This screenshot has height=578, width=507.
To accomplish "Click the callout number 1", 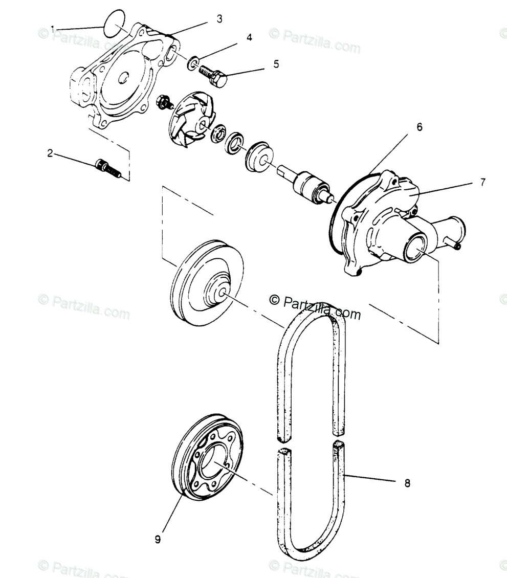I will [53, 28].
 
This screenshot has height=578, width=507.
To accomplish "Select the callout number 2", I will [50, 153].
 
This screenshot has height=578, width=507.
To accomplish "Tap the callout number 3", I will [219, 19].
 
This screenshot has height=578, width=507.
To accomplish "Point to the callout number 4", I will [249, 37].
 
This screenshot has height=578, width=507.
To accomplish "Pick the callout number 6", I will [420, 127].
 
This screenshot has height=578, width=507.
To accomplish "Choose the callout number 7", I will [483, 182].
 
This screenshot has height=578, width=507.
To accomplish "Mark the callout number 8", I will [407, 482].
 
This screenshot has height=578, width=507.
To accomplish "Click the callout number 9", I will [158, 539].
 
